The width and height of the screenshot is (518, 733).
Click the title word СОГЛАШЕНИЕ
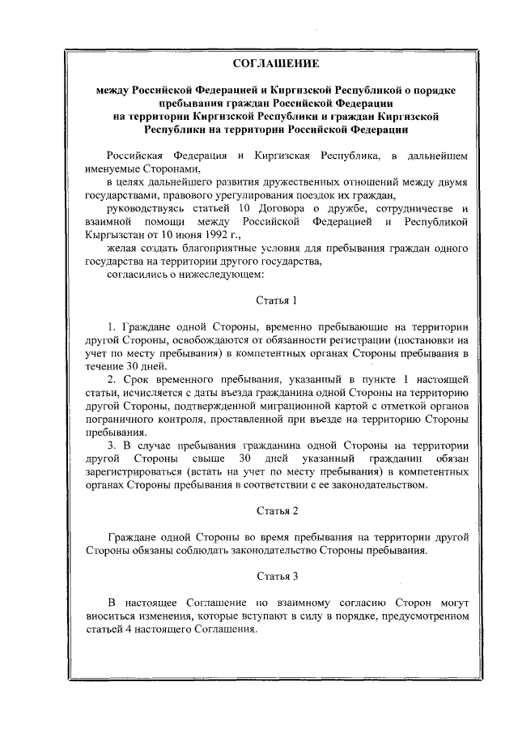pos(276,63)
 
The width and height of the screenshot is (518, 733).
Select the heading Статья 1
pos(277,300)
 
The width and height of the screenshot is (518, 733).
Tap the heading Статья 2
pos(277,511)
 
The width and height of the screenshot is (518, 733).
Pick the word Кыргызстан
pos(115,234)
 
